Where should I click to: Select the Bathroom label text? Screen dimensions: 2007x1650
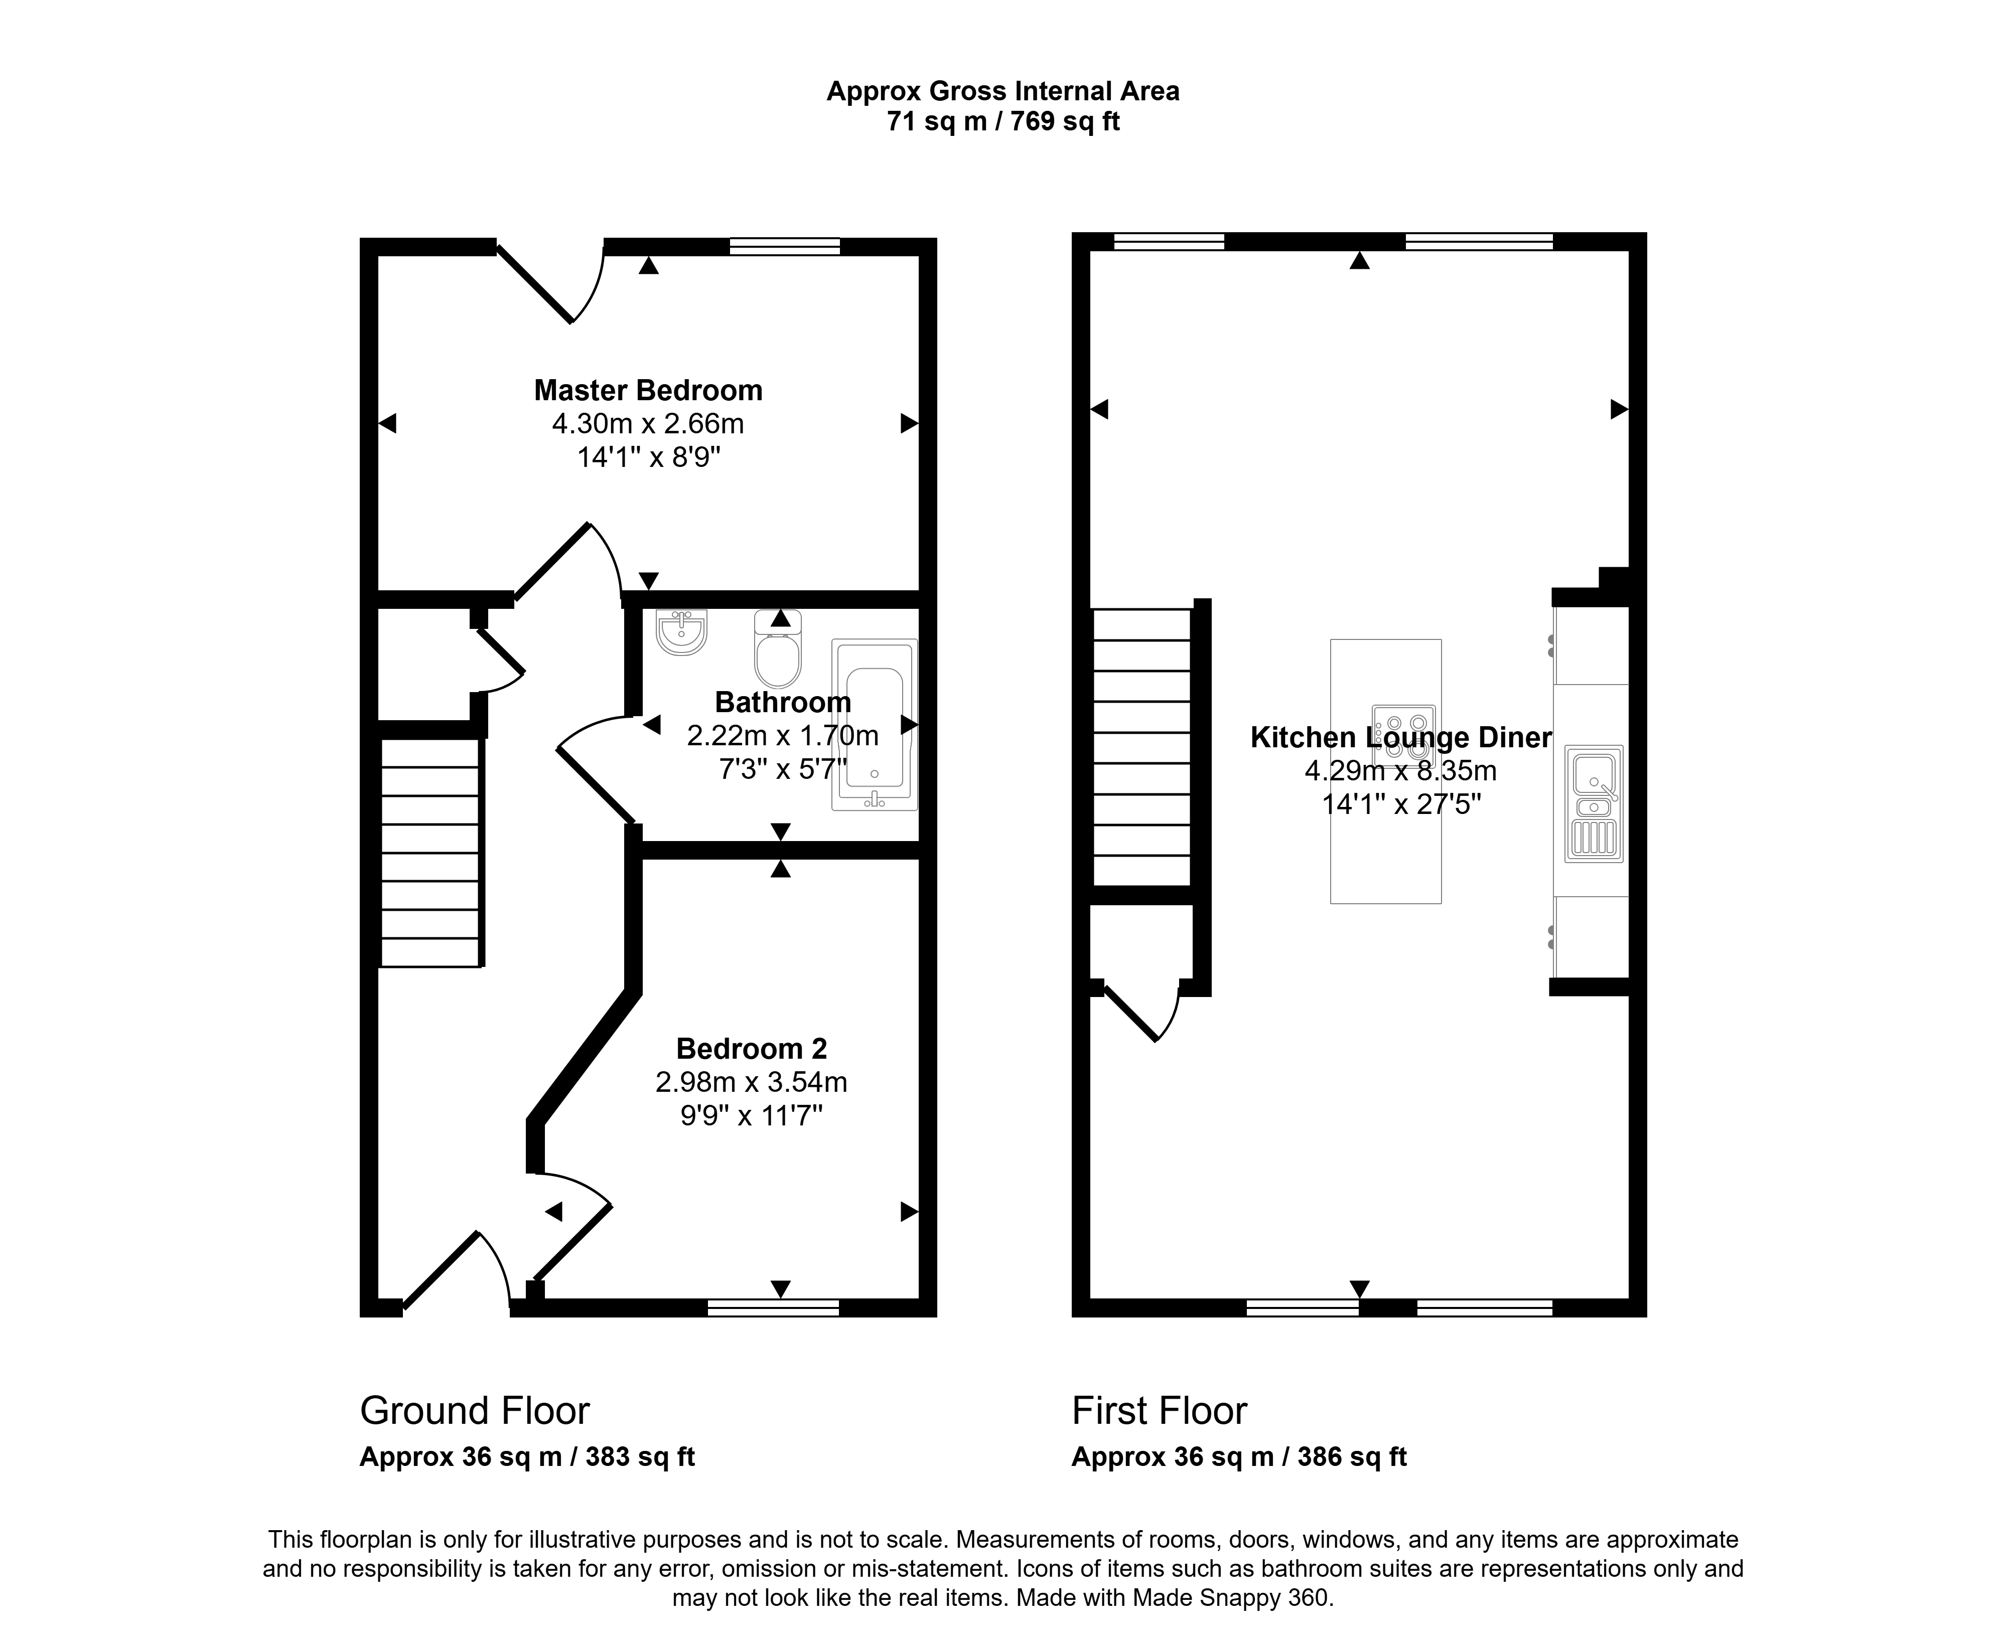coord(782,703)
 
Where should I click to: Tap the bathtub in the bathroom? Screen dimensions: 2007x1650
coord(875,724)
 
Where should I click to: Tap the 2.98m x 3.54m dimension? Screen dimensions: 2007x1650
coord(751,1082)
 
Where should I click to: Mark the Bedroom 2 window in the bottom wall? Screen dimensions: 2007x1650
coord(773,1308)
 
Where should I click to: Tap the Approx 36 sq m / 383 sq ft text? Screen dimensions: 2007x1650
coord(527,1457)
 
